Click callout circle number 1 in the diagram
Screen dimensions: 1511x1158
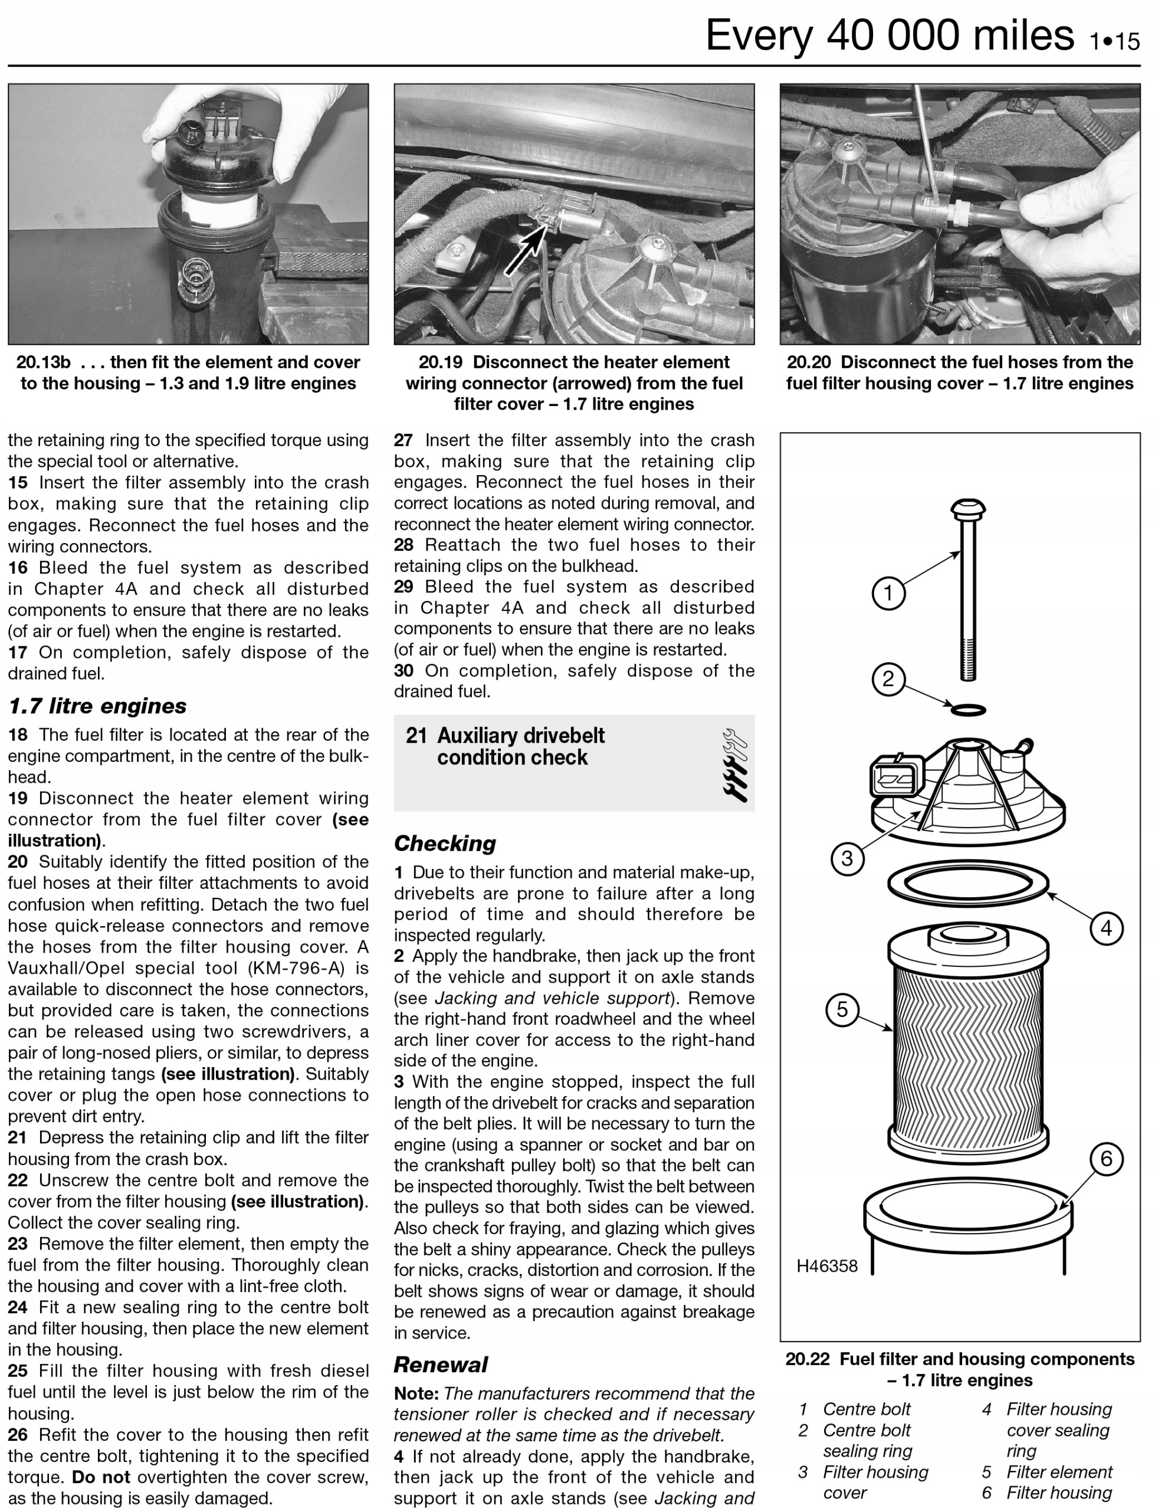tap(888, 593)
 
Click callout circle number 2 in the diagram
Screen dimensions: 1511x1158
tap(888, 679)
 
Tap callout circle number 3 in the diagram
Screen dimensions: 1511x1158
tap(847, 859)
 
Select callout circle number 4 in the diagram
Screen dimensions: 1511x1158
tap(1106, 928)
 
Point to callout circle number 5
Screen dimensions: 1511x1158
tap(842, 1010)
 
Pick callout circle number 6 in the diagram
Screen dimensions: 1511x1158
tap(1106, 1159)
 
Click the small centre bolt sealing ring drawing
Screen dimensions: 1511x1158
tap(968, 709)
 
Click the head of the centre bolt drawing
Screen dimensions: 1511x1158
tap(968, 511)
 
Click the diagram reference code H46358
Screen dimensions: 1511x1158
tap(826, 1266)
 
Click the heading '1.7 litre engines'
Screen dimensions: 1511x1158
tap(97, 706)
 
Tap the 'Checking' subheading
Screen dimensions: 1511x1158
tap(445, 843)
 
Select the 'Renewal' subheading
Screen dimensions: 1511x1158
tap(441, 1365)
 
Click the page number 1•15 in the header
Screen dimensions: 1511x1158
tap(1114, 41)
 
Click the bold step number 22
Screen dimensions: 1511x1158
tap(18, 1180)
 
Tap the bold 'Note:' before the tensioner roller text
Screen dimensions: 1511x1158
tap(416, 1394)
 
